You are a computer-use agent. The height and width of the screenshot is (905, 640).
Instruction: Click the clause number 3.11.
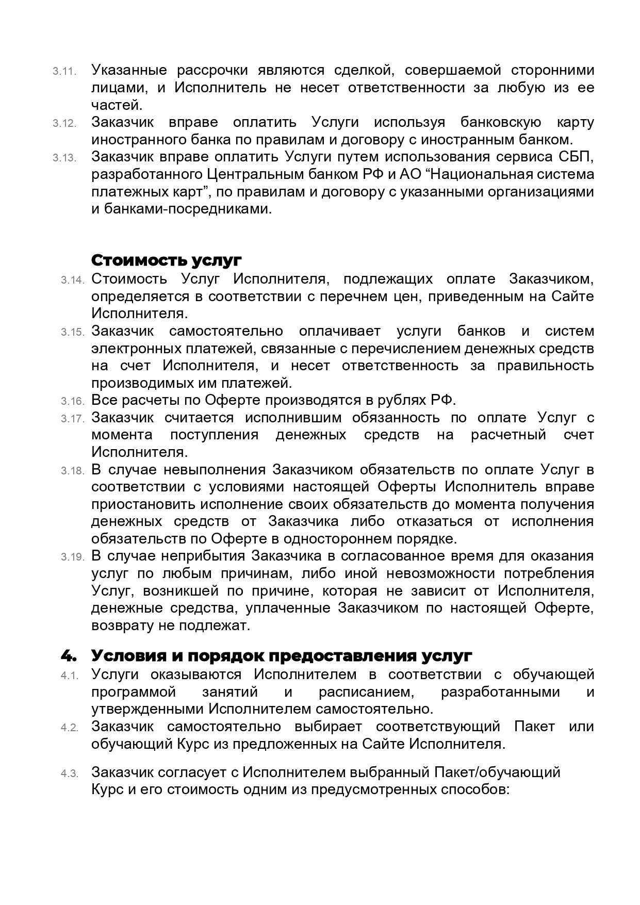(x=64, y=71)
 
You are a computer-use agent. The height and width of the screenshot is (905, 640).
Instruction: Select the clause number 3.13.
(x=64, y=158)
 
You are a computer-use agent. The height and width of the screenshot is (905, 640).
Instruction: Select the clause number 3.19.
(x=72, y=557)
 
